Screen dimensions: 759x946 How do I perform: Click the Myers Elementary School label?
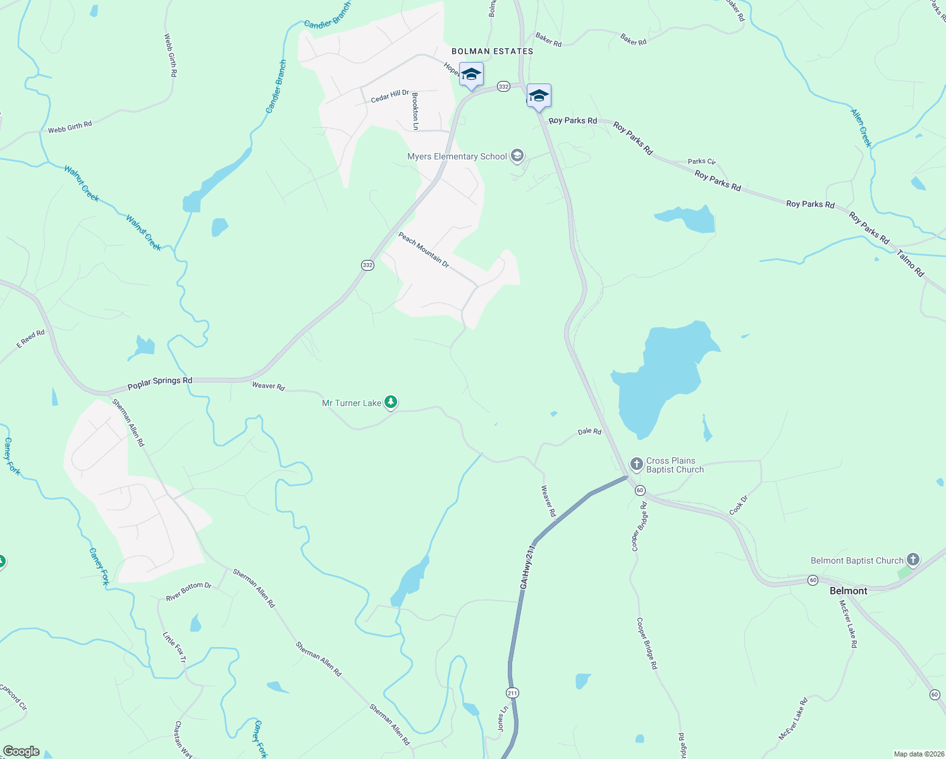point(457,156)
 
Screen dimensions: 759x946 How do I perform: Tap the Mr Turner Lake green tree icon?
point(391,402)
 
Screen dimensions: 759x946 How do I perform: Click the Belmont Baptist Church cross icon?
point(912,559)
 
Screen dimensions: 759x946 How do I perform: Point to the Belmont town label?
point(848,591)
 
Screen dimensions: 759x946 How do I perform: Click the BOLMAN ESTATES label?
point(492,51)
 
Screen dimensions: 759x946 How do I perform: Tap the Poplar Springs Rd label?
point(160,383)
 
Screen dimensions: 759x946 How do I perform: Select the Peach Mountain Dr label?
point(423,250)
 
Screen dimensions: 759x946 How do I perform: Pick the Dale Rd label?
point(589,431)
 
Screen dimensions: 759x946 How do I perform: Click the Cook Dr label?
point(738,505)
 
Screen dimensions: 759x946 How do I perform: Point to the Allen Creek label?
point(861,128)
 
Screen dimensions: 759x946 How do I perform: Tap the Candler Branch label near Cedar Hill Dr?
point(276,87)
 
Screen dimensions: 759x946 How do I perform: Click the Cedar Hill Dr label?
point(390,96)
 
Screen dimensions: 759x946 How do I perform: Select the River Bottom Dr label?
point(188,592)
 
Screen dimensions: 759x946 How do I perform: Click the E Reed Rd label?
point(30,338)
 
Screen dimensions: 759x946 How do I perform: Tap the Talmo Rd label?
point(910,263)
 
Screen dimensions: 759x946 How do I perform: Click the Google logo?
point(21,751)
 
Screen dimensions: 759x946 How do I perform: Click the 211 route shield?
point(512,693)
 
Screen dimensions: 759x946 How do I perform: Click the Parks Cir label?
point(701,161)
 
